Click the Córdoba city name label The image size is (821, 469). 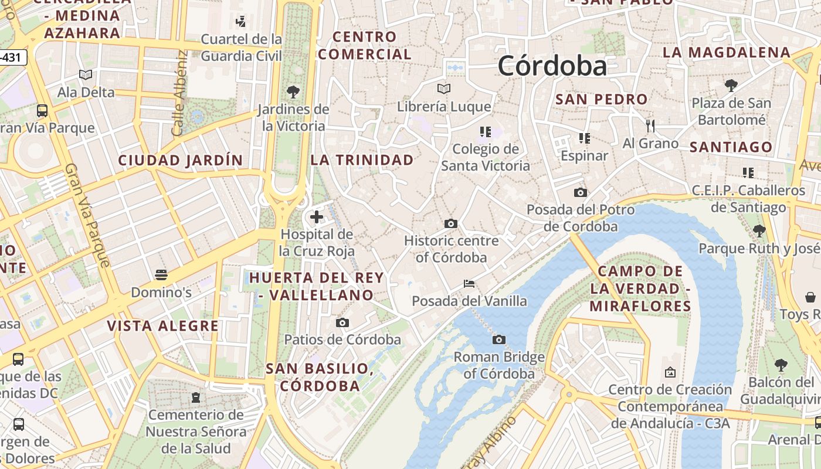552,66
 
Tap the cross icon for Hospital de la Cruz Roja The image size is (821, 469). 317,217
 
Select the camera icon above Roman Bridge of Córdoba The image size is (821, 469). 499,339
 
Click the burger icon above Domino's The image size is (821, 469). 161,274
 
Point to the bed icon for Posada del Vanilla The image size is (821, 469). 469,284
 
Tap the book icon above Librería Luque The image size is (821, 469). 444,89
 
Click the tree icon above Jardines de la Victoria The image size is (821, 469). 293,92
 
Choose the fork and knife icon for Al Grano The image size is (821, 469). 650,125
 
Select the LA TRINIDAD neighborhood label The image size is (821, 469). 362,159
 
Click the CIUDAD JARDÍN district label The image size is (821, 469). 181,160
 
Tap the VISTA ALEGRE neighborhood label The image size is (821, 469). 162,326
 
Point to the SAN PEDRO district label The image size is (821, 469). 601,99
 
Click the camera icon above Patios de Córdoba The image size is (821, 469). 342,322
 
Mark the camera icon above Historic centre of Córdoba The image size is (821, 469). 451,223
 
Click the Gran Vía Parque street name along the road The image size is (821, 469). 88,215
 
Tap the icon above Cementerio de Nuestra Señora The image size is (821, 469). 195,397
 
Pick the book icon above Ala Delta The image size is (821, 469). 86,74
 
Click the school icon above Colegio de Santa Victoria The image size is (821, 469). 485,131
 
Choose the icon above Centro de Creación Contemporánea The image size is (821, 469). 670,372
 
